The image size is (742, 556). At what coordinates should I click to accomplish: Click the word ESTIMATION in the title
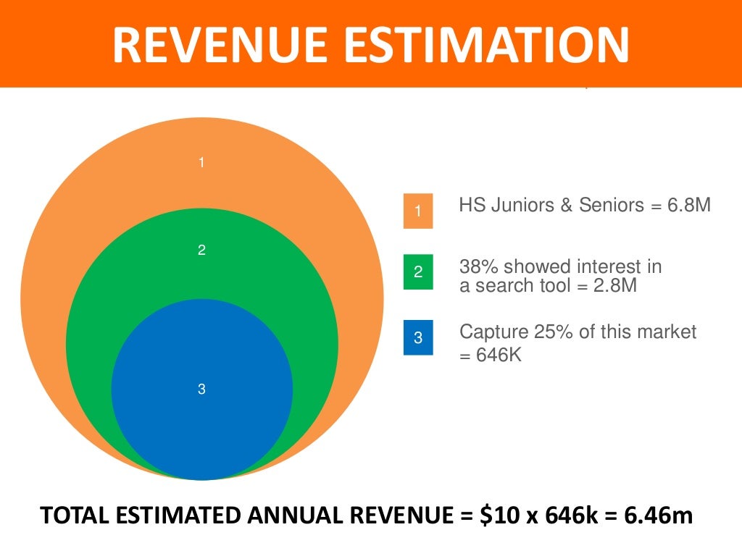[x=492, y=45]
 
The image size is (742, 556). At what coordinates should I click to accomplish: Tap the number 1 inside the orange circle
[x=201, y=163]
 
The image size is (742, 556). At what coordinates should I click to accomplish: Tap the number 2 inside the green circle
[x=201, y=250]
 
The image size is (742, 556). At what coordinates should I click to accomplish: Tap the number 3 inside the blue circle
[x=201, y=389]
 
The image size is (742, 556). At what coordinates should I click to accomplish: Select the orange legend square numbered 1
[x=418, y=211]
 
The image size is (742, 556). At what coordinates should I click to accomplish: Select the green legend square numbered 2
[x=418, y=272]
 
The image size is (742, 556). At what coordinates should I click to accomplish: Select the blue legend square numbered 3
[x=418, y=337]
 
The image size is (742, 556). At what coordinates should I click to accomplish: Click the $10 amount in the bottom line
[x=489, y=517]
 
